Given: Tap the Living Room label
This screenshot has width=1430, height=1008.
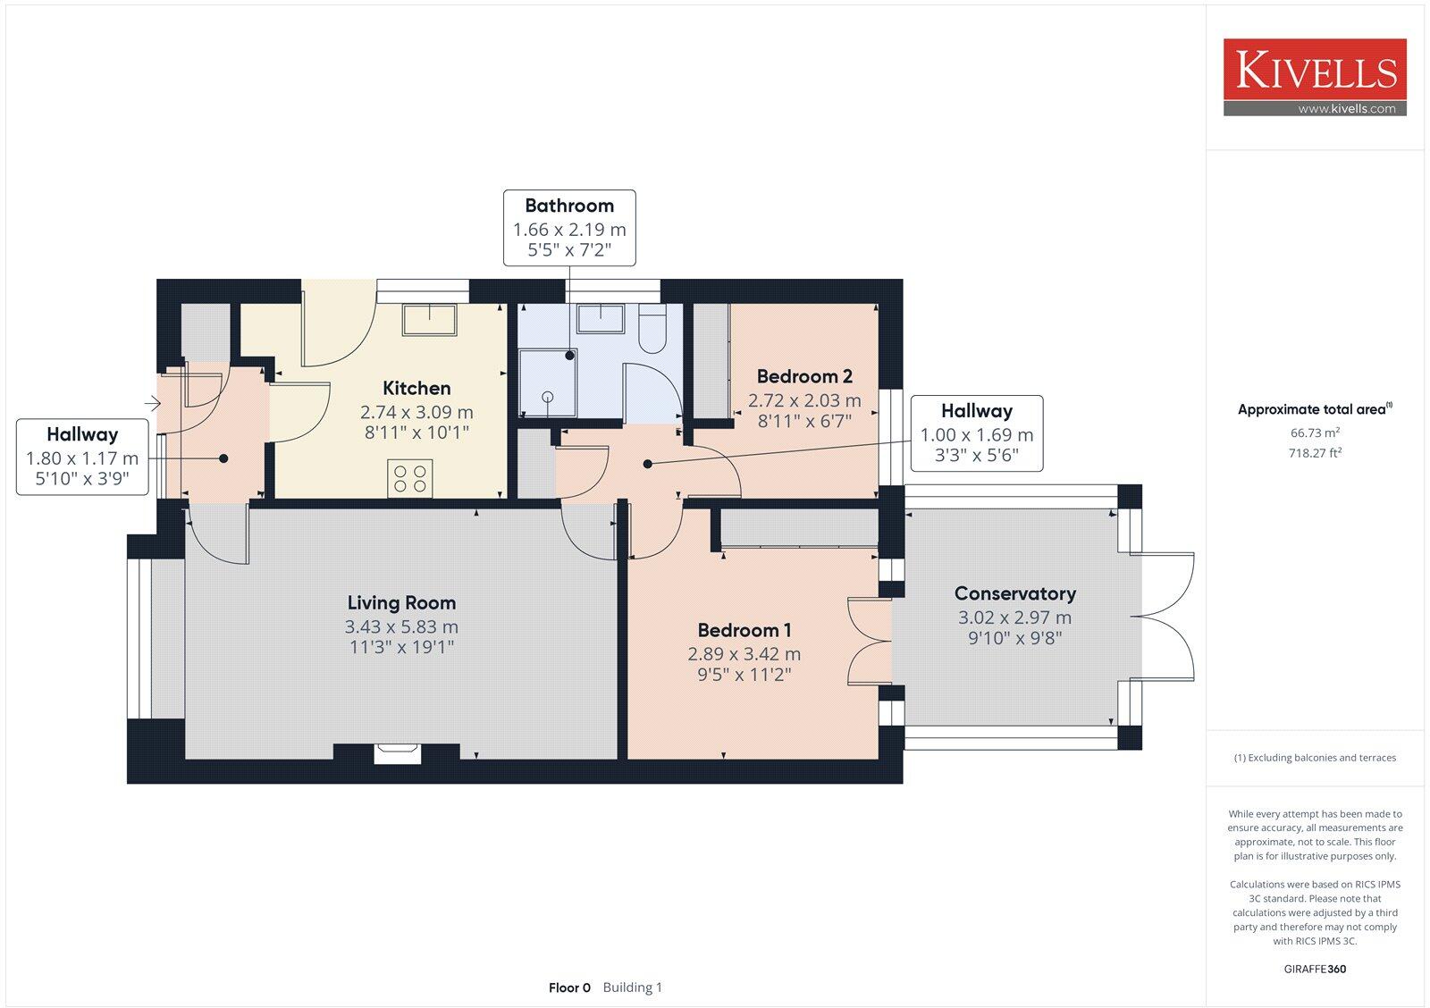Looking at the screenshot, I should point(401,603).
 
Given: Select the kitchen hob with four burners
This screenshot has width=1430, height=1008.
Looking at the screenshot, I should point(410,478).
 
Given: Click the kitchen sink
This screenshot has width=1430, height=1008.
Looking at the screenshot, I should point(429,320).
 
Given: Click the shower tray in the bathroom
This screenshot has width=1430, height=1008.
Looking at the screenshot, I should point(548,382).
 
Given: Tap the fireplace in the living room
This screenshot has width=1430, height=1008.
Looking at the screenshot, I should point(397,753).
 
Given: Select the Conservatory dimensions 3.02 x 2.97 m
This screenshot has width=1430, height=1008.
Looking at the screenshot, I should point(1014,617).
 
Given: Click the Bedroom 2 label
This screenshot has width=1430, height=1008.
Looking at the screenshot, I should point(804,376).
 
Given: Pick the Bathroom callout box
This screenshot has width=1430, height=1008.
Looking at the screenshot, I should point(569,227).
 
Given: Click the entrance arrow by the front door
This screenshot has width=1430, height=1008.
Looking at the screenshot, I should point(153,404).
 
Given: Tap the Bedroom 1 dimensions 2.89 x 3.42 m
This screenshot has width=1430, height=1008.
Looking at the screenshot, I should point(744,654).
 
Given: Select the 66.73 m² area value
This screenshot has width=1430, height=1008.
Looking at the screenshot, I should point(1315,433).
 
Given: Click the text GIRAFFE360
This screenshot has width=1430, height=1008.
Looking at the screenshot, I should point(1315,969).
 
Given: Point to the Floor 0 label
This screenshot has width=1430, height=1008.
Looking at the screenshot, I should point(569,987).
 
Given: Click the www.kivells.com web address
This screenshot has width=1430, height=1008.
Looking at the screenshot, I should point(1346,109).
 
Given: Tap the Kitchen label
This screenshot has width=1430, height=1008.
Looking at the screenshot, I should point(416,388).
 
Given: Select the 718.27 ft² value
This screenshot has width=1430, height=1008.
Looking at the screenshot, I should point(1315,453).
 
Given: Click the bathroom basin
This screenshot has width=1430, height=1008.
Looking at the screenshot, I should point(600,318).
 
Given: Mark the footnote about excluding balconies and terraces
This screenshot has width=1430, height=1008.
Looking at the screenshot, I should point(1315,758).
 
